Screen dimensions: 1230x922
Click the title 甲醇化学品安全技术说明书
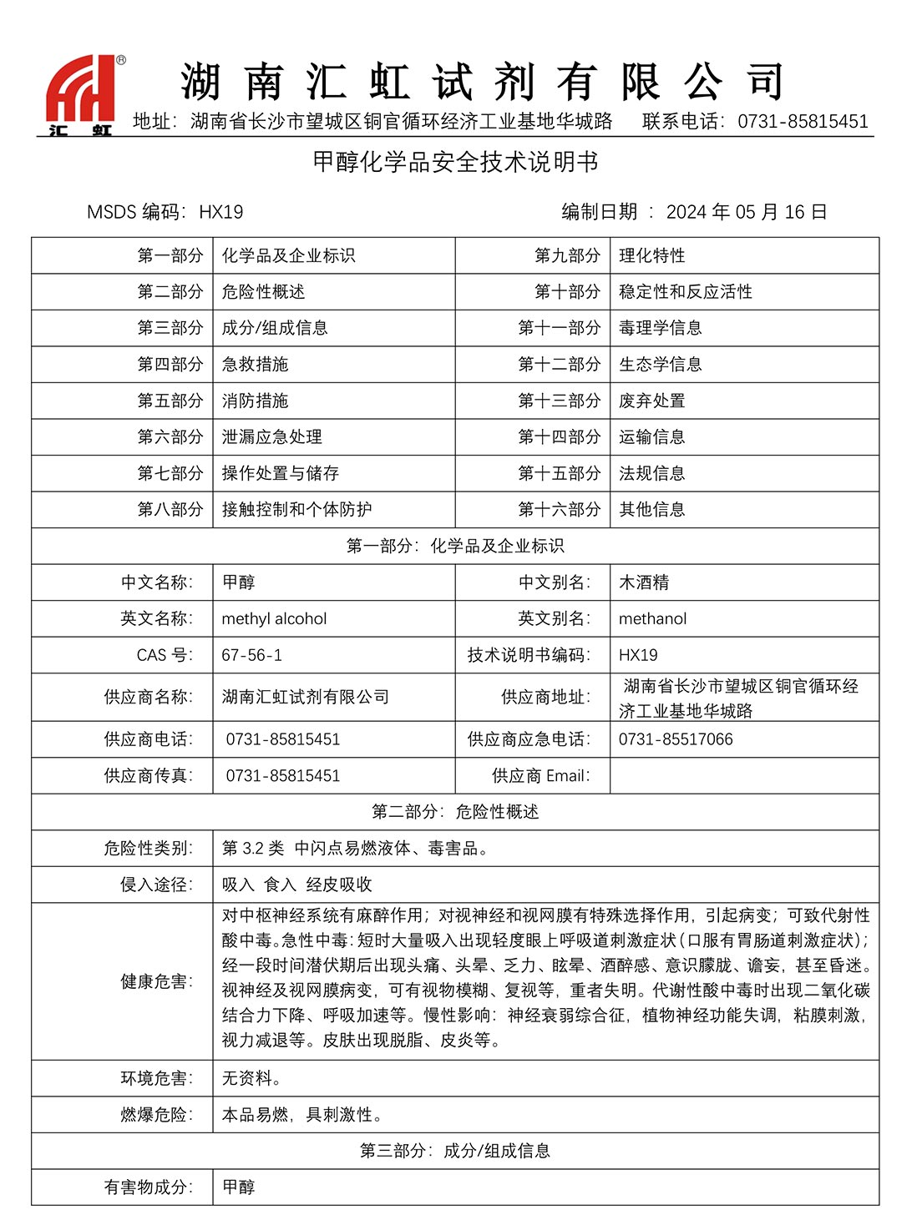coord(456,162)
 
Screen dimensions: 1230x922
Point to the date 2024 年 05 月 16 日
coord(746,212)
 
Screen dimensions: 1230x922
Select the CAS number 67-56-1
coord(251,655)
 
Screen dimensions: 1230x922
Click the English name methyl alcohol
coord(274,618)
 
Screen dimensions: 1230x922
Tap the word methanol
coord(652,618)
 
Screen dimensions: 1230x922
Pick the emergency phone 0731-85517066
coord(676,739)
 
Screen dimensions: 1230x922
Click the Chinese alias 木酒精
coord(643,582)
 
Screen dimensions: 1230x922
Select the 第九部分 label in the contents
coord(567,255)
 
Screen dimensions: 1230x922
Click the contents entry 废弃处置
coord(651,401)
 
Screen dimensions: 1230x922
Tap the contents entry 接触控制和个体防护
coord(296,509)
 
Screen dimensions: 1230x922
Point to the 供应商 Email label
coord(540,775)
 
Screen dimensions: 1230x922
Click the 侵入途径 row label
coord(156,884)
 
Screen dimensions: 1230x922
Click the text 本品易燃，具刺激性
coord(302,1114)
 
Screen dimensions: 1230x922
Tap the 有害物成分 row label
coord(148,1187)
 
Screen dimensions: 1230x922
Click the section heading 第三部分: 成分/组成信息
coord(455,1151)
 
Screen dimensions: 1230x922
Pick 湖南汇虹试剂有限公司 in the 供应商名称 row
coord(305,697)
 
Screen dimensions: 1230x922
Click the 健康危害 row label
coord(156,981)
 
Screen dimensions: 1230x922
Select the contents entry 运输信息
coord(651,436)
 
